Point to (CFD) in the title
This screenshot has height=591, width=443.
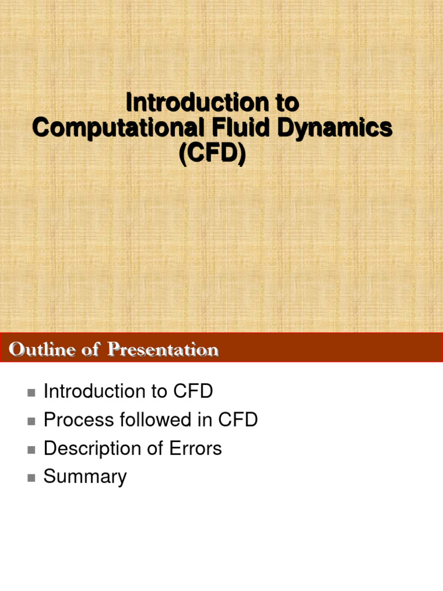tap(212, 154)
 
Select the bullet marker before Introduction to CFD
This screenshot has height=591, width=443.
tap(31, 393)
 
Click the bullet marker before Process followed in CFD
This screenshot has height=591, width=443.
tap(31, 421)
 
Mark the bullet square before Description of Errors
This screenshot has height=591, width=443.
tap(31, 450)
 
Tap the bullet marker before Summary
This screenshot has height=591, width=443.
tap(31, 478)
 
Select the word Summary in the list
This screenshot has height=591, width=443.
tap(85, 477)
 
